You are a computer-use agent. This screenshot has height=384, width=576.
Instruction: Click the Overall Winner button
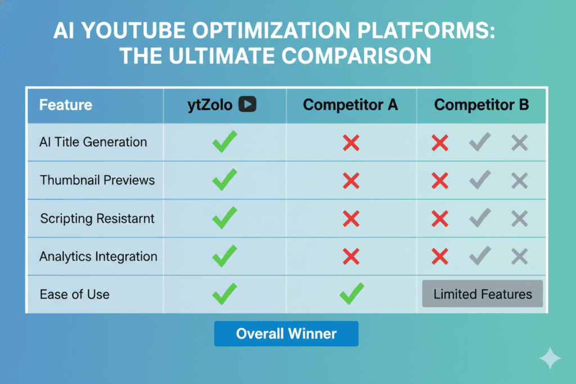(x=286, y=333)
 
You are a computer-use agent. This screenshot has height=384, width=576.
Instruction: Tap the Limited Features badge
(x=482, y=293)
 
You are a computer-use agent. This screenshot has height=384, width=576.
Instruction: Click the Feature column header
(x=65, y=105)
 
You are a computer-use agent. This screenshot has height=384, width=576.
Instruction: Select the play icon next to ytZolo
(x=247, y=105)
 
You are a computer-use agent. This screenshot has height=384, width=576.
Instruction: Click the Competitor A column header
(x=350, y=105)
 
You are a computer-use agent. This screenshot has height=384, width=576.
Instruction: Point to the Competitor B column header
(x=481, y=105)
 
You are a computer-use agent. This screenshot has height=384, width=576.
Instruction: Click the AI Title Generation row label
(x=93, y=142)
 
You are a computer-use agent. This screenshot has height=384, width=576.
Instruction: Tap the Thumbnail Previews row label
(x=97, y=180)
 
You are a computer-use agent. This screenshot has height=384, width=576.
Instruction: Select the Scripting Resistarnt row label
(x=97, y=218)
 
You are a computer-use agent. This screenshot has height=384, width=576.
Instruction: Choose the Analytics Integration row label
(x=98, y=256)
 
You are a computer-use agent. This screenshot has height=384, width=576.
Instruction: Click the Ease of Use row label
(x=74, y=294)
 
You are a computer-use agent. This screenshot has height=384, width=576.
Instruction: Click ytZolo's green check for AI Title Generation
(x=224, y=142)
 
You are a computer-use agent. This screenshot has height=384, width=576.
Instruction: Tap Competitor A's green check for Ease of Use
(x=352, y=293)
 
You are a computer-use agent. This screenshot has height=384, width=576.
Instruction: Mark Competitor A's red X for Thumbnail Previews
(x=351, y=180)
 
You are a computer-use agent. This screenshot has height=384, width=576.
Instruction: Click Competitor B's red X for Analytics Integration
(x=439, y=257)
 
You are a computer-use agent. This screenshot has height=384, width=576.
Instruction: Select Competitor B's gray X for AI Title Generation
(x=519, y=143)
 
